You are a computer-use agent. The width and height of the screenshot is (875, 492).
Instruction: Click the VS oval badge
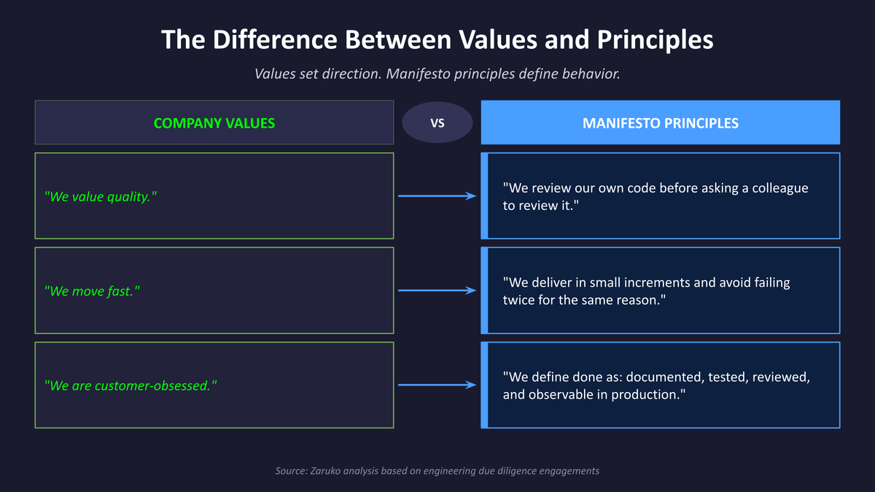pyautogui.click(x=437, y=123)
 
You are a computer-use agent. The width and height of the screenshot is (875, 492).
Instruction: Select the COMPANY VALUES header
pyautogui.click(x=214, y=123)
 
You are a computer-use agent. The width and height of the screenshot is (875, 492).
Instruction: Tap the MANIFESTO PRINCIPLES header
pyautogui.click(x=660, y=123)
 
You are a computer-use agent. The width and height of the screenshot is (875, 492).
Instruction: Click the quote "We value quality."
pyautogui.click(x=101, y=196)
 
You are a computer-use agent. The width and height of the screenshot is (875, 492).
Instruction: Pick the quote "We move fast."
pyautogui.click(x=92, y=291)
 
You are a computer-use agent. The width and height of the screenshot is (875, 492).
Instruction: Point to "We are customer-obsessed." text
pyautogui.click(x=131, y=386)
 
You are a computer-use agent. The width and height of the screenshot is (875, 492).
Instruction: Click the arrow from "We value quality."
pyautogui.click(x=437, y=196)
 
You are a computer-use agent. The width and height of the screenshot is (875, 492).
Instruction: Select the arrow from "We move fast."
pyautogui.click(x=437, y=291)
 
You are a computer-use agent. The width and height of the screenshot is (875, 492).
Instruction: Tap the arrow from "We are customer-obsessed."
pyautogui.click(x=437, y=386)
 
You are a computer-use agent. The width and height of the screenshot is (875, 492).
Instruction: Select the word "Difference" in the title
pyautogui.click(x=279, y=39)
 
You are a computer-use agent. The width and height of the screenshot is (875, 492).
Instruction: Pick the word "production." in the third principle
pyautogui.click(x=653, y=394)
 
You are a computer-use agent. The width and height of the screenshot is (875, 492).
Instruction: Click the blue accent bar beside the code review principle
pyautogui.click(x=484, y=196)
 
